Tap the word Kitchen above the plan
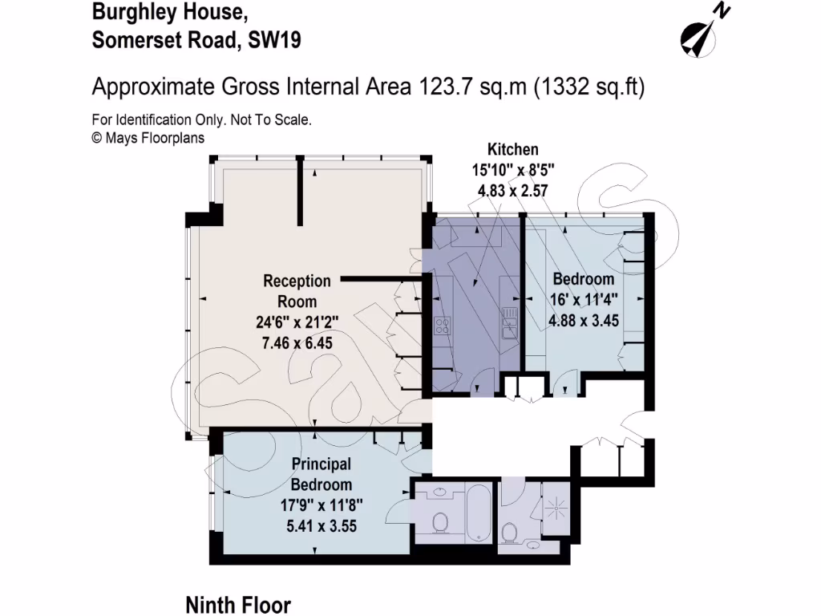513,149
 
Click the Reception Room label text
297,291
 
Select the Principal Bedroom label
321,474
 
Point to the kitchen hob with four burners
442,325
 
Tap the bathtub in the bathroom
478,512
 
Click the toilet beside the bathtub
439,522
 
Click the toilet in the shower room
508,532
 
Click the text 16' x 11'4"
584,300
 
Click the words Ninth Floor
238,604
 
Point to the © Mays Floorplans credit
148,137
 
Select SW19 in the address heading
274,40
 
